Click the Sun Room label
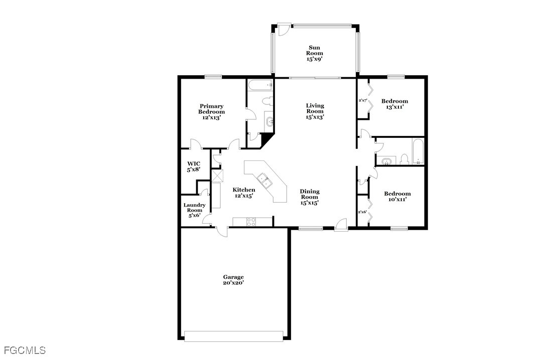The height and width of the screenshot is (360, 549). click(314, 53)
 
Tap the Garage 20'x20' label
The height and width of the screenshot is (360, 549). click(233, 280)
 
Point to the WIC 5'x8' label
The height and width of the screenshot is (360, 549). click(194, 166)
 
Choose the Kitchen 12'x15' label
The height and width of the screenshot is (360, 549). click(244, 193)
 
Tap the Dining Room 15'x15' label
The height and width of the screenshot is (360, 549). click(310, 197)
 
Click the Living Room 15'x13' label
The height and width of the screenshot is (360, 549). click(315, 111)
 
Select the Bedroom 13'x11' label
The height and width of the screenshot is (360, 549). click(394, 104)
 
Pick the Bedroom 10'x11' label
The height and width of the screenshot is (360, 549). click(397, 196)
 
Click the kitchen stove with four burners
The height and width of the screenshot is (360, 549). click(251, 222)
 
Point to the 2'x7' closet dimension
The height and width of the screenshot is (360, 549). click(362, 100)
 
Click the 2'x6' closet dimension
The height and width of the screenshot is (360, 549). click(362, 212)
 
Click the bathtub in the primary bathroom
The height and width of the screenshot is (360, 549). click(260, 85)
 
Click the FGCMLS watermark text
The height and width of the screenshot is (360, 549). click(25, 350)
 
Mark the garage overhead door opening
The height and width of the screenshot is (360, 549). click(233, 336)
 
